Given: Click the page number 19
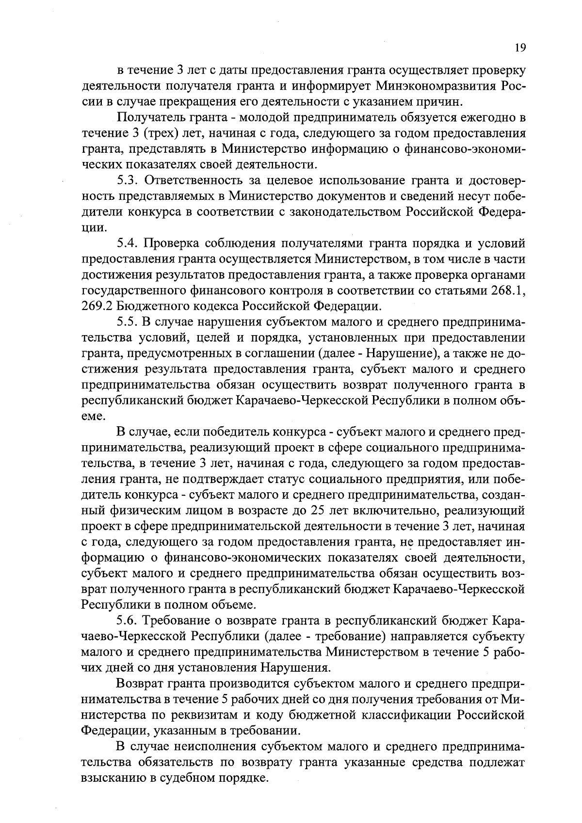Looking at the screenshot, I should point(520,48).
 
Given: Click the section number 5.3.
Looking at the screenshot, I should point(128,180).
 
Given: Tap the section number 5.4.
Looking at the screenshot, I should point(128,243).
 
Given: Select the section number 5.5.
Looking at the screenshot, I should point(128,322).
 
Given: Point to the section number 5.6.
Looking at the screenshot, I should point(128,620).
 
